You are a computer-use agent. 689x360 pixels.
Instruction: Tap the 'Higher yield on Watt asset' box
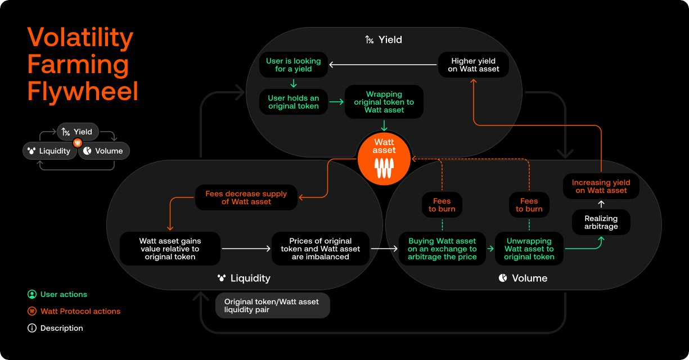pyautogui.click(x=474, y=65)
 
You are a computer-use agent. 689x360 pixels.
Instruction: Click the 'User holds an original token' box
pyautogui.click(x=293, y=102)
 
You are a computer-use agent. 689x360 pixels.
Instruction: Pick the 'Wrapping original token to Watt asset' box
pyautogui.click(x=384, y=102)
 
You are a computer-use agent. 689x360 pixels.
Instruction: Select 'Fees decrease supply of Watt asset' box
pyautogui.click(x=246, y=197)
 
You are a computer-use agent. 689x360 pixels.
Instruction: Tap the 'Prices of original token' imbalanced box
pyautogui.click(x=320, y=249)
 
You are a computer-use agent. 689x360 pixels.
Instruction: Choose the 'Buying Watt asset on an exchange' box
pyautogui.click(x=442, y=249)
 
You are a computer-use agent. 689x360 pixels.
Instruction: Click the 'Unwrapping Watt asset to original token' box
pyautogui.click(x=529, y=249)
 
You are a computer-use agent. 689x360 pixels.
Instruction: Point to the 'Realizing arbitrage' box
pyautogui.click(x=601, y=222)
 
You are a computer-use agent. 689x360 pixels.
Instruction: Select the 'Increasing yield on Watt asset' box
pyautogui.click(x=601, y=186)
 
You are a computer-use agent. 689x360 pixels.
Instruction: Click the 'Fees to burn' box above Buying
pyautogui.click(x=442, y=205)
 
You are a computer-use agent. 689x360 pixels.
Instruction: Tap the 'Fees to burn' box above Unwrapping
pyautogui.click(x=529, y=205)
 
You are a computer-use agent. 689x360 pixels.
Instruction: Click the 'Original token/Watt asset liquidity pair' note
pyautogui.click(x=272, y=305)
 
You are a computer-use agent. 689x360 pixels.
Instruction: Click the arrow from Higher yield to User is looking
pyautogui.click(x=382, y=65)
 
